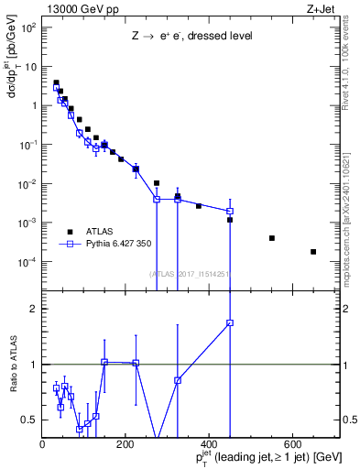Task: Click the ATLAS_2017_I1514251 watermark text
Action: [x=190, y=274]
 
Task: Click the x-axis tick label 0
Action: [x=42, y=445]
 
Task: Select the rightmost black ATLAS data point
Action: [x=313, y=252]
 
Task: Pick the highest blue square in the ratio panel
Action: [x=230, y=322]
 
